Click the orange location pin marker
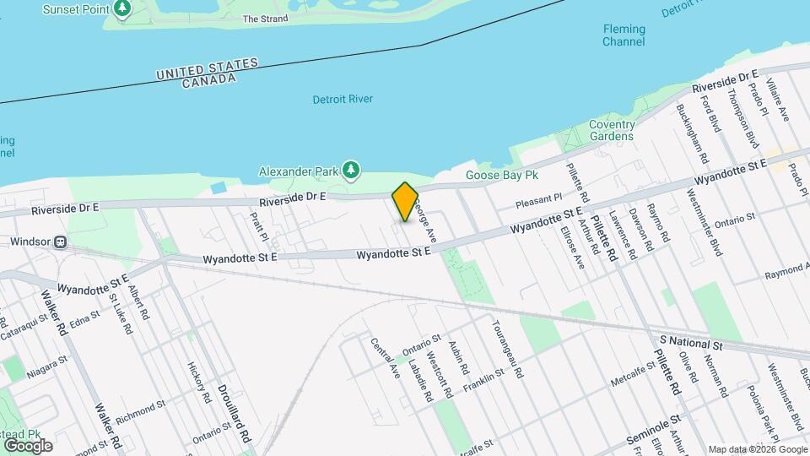(405, 201)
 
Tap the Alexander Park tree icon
(351, 171)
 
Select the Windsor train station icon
(61, 242)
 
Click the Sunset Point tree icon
(123, 8)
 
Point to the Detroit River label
(343, 99)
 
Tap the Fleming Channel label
(624, 35)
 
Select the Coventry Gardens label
(611, 130)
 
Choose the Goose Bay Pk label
(502, 176)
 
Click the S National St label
(692, 345)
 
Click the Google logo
(28, 445)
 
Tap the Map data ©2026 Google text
(756, 449)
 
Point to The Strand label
(260, 18)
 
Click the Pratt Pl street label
(258, 225)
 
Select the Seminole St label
(654, 431)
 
